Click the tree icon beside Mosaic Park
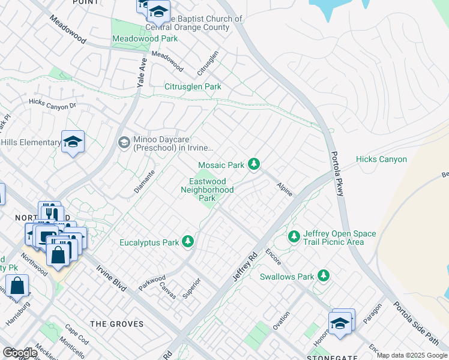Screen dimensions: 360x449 tap(255, 164)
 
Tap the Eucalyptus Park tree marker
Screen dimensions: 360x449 tap(188, 241)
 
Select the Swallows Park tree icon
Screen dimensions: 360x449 tap(324, 276)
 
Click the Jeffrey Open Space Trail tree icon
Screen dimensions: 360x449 tap(294, 236)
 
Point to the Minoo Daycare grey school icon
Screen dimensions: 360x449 tap(124, 142)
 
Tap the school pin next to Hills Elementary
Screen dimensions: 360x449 tap(73, 142)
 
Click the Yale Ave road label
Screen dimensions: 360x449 tap(142, 74)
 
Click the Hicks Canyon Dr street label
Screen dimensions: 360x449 tap(53, 104)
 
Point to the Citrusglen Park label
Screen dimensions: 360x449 tap(193, 86)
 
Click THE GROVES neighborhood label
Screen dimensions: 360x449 tap(117, 324)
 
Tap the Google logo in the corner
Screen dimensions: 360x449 tap(19, 353)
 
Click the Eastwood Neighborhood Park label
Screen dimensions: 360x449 tap(207, 189)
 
